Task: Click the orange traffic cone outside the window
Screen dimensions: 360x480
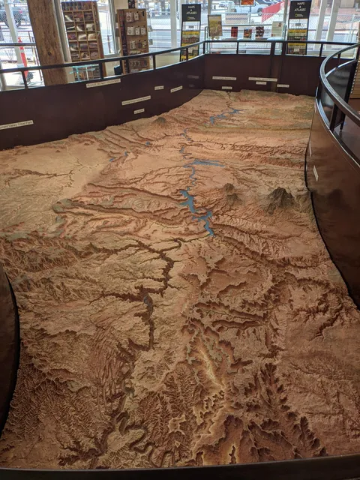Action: tap(22, 56)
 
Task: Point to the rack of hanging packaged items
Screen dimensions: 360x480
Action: tap(134, 37)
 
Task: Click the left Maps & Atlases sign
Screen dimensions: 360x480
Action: tap(190, 13)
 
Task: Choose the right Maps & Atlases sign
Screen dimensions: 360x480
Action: tap(299, 10)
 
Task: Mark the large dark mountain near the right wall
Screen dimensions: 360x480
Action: tap(280, 197)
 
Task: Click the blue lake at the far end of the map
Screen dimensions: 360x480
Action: tap(223, 115)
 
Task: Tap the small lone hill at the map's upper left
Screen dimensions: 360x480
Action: tap(160, 119)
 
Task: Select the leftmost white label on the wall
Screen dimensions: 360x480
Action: tap(16, 124)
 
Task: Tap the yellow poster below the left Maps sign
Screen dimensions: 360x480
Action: tap(190, 41)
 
